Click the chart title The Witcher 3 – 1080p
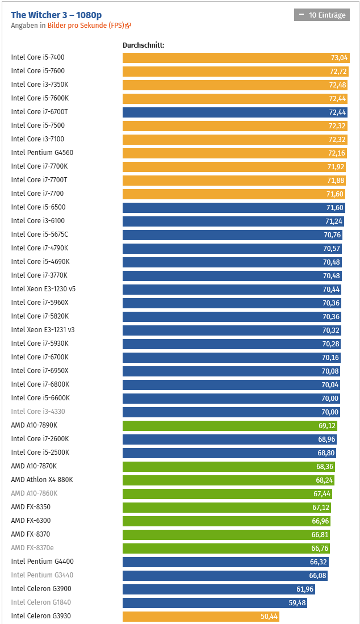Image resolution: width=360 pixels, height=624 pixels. pyautogui.click(x=56, y=15)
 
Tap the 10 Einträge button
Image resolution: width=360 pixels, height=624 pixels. pyautogui.click(x=322, y=15)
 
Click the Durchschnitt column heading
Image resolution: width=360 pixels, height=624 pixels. pyautogui.click(x=143, y=45)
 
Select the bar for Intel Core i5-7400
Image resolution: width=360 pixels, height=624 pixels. pyautogui.click(x=227, y=57)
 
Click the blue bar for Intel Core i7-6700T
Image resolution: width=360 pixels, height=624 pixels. pyautogui.click(x=227, y=112)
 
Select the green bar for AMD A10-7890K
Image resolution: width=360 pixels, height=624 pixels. pyautogui.click(x=227, y=425)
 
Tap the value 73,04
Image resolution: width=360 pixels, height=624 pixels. pyautogui.click(x=339, y=57)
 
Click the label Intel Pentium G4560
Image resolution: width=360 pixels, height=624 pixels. pyautogui.click(x=42, y=153)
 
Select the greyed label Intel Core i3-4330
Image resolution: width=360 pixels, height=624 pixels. pyautogui.click(x=38, y=412)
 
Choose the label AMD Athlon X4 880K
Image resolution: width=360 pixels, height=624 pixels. pyautogui.click(x=42, y=480)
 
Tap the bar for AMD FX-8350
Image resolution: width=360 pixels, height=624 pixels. pyautogui.click(x=227, y=507)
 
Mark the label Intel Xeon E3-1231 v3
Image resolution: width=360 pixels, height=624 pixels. pyautogui.click(x=43, y=330)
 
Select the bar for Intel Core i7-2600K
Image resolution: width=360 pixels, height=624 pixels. pyautogui.click(x=227, y=439)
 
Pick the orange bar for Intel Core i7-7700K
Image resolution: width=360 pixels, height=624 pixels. pyautogui.click(x=227, y=166)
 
